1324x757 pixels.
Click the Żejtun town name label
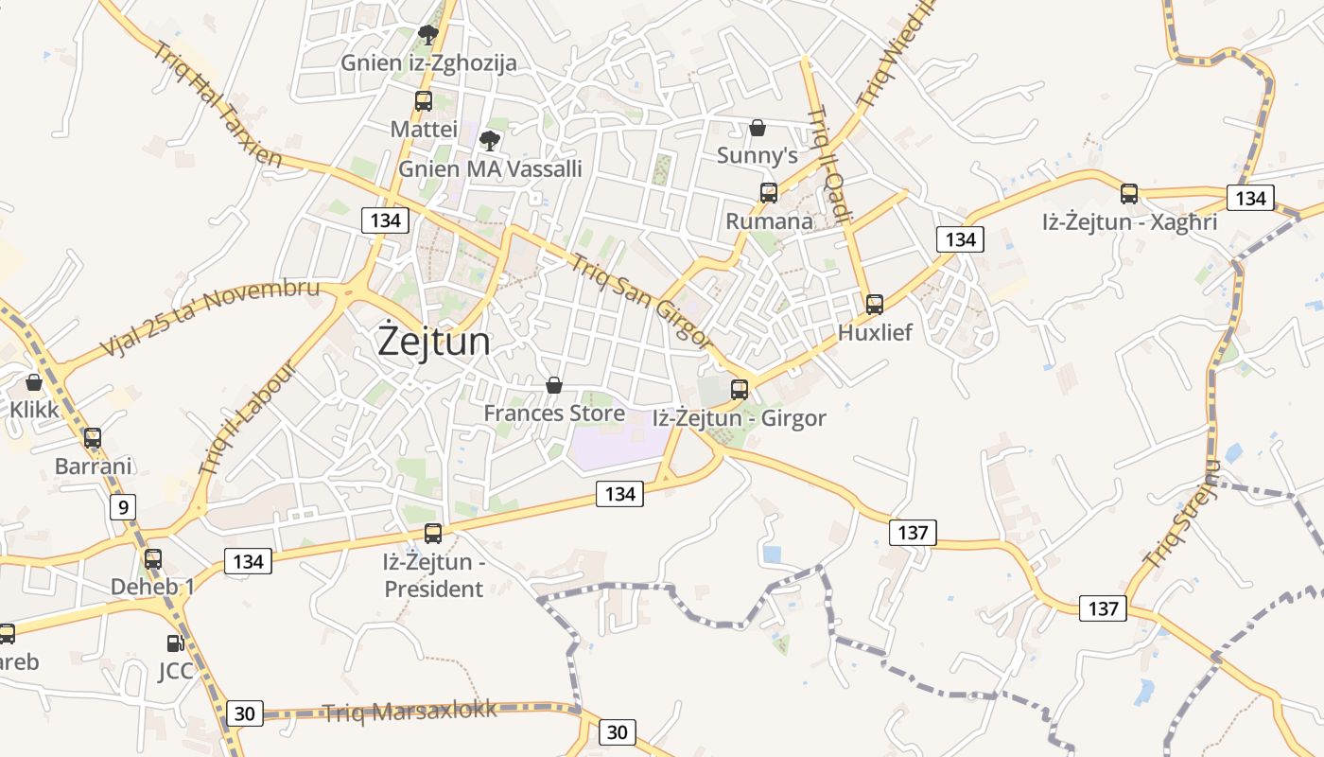[x=434, y=341]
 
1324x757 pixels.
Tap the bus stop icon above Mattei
[x=424, y=101]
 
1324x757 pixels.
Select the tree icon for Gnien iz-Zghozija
[x=428, y=36]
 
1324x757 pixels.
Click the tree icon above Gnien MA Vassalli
[x=489, y=142]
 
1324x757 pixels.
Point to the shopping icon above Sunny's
[x=758, y=127]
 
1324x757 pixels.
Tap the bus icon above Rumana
[x=769, y=193]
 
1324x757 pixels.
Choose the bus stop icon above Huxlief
[x=875, y=305]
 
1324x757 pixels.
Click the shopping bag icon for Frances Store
[x=554, y=385]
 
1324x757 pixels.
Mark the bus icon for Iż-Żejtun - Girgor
[x=740, y=389]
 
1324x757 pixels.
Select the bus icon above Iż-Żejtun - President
[x=433, y=534]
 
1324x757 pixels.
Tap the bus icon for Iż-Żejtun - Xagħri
[x=1129, y=194]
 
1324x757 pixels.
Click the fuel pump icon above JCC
[x=175, y=643]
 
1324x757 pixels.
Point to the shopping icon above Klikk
[x=34, y=382]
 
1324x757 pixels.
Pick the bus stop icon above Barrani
[x=93, y=438]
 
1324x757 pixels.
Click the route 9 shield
[x=122, y=507]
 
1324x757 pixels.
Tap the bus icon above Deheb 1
[x=153, y=559]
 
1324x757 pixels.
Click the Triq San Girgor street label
[x=640, y=301]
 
